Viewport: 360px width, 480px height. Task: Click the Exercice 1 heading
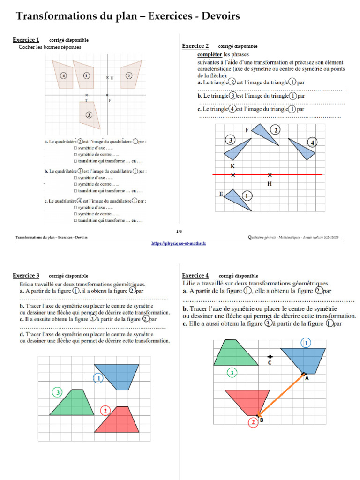click(26, 40)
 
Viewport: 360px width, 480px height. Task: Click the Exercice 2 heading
click(195, 46)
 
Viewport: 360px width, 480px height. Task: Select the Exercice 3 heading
click(26, 275)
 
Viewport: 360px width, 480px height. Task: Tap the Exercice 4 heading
click(195, 275)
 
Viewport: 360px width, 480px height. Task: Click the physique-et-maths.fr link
click(179, 243)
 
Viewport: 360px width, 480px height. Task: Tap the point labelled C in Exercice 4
click(270, 356)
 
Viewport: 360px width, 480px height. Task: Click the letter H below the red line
click(270, 184)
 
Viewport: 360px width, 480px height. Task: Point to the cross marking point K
click(233, 175)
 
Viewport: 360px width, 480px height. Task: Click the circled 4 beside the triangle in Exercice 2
click(312, 142)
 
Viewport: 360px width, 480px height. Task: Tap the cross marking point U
click(107, 77)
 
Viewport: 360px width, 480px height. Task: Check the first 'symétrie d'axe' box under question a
click(75, 148)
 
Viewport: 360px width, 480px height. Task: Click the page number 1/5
click(179, 231)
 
